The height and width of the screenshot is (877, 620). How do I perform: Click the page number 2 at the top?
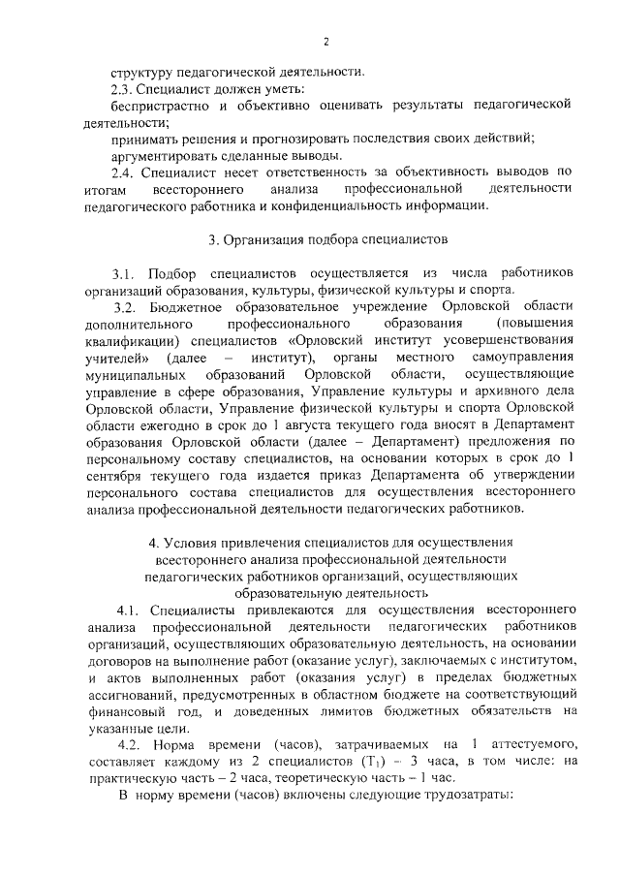point(326,41)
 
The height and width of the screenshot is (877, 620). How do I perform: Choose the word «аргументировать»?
point(166,155)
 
